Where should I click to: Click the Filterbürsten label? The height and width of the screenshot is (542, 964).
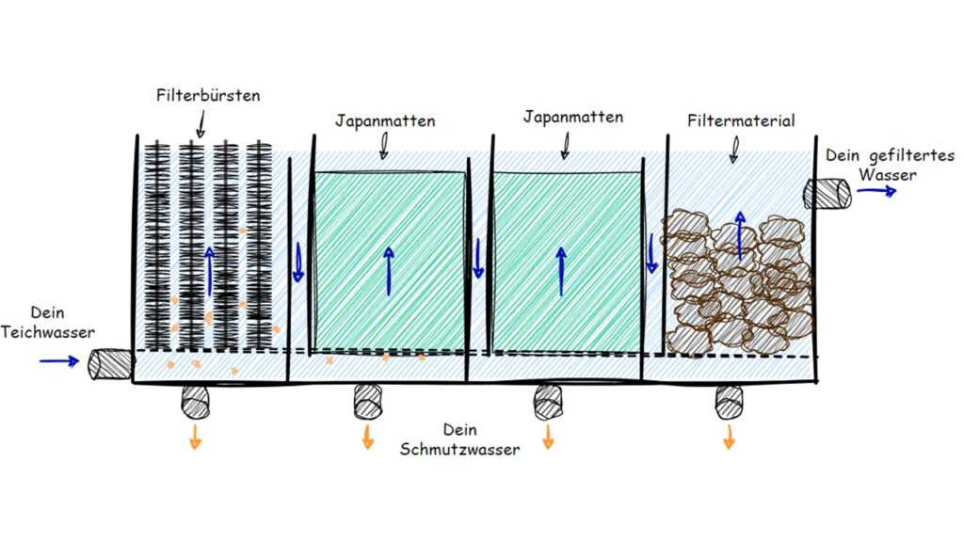coord(208,96)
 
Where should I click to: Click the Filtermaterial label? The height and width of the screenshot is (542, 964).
coord(741,120)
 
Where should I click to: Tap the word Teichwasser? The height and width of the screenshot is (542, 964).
coord(47,332)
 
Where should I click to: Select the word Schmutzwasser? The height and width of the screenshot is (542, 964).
coord(459,449)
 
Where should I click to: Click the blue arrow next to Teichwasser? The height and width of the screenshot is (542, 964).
coord(59,361)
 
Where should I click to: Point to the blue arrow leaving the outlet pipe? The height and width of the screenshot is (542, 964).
coord(876,191)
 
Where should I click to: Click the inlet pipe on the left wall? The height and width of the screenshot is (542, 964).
coord(110,364)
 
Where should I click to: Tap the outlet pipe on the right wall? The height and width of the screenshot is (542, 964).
coord(827,193)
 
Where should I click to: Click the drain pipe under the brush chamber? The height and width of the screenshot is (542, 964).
coord(196,402)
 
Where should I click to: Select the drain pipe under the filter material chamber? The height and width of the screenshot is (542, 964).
coord(730,403)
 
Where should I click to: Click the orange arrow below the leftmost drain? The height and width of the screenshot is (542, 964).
coord(196,437)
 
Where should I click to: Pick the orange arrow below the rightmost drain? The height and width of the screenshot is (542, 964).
coord(730,437)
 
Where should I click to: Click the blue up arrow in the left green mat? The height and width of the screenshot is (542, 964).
coord(389,271)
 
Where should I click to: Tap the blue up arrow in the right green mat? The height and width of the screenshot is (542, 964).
coord(561,271)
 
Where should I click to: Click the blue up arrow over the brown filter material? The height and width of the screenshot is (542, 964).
coord(740,235)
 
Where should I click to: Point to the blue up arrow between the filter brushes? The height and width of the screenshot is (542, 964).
coord(210,271)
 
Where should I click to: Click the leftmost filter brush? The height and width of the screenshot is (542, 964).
coord(157,246)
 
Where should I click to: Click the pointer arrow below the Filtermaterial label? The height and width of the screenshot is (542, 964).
coord(734,150)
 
